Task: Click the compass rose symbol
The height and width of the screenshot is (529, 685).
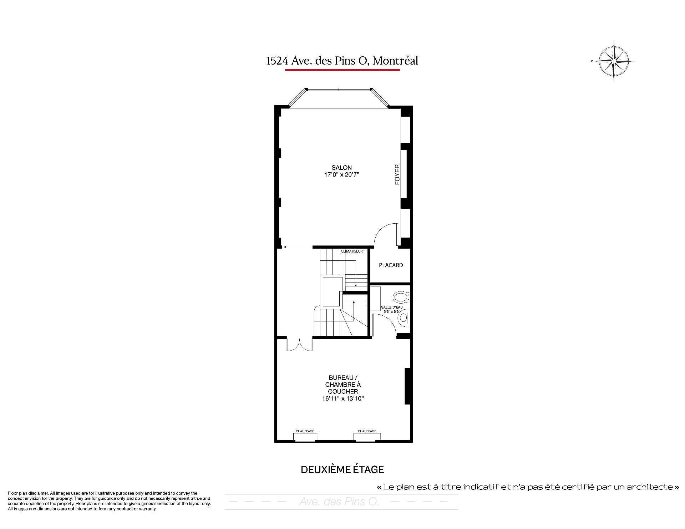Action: point(613,61)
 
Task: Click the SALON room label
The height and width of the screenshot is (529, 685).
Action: point(341,168)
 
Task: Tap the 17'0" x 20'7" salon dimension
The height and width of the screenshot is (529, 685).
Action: point(341,175)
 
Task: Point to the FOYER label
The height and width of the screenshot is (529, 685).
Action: point(397,174)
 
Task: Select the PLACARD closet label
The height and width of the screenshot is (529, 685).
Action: point(391,265)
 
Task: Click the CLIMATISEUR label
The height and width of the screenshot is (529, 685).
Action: point(352,251)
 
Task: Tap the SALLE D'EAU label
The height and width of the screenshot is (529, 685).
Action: point(392,307)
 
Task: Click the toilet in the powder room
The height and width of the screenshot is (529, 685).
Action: point(401,297)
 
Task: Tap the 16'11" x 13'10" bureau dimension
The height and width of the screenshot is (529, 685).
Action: point(342,399)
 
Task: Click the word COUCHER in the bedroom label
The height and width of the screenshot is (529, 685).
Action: point(343,392)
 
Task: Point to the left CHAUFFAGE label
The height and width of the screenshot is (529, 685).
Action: point(305,431)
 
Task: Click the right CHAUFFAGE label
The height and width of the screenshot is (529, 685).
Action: point(367,431)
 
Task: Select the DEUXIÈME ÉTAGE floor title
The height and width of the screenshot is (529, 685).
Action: point(342,470)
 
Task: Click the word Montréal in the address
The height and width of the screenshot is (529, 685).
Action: point(395,61)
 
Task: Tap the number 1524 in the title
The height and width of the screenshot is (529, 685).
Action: point(278,61)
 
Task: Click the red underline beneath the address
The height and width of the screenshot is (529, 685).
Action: point(342,70)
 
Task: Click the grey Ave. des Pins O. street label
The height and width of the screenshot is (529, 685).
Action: point(339,502)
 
